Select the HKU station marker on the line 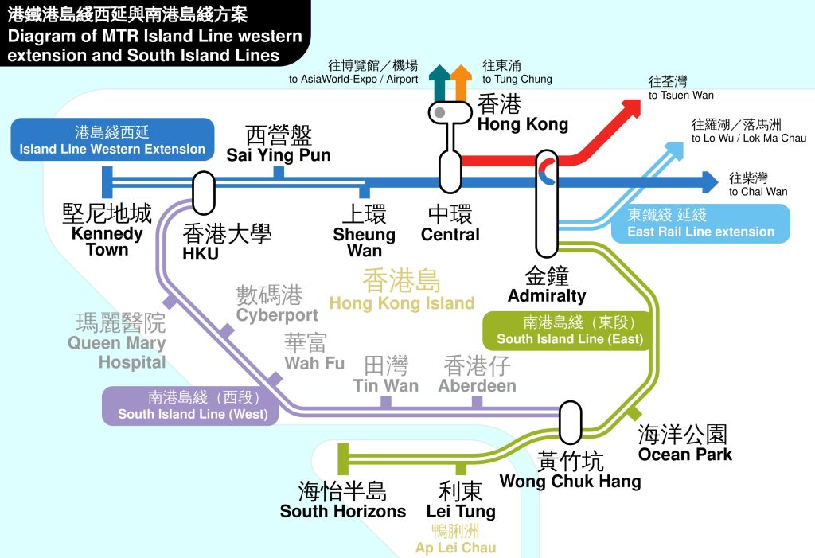[x=204, y=192]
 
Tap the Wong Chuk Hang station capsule [x=570, y=423]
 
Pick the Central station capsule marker [x=450, y=170]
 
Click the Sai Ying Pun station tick [x=279, y=174]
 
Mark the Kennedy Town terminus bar [x=107, y=181]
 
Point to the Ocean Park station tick [x=634, y=413]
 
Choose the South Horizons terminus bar [x=343, y=459]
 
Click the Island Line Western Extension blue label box [x=112, y=139]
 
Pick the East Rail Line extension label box [x=700, y=224]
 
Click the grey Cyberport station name [x=276, y=305]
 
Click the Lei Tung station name [x=461, y=500]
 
